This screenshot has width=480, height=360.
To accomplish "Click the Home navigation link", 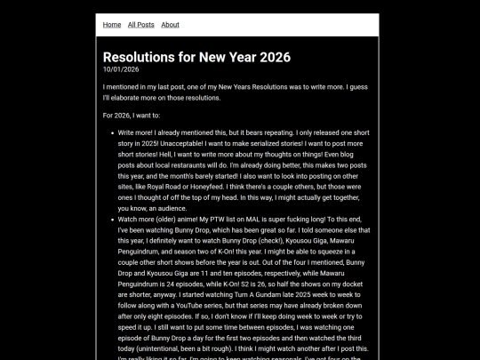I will tap(112, 25).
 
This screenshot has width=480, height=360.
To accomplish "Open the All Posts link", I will tap(140, 25).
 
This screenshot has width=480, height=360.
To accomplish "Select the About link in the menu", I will tap(170, 25).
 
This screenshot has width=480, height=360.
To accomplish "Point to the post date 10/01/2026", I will tap(121, 69).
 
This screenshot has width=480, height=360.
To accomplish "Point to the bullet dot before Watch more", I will tap(109, 219).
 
